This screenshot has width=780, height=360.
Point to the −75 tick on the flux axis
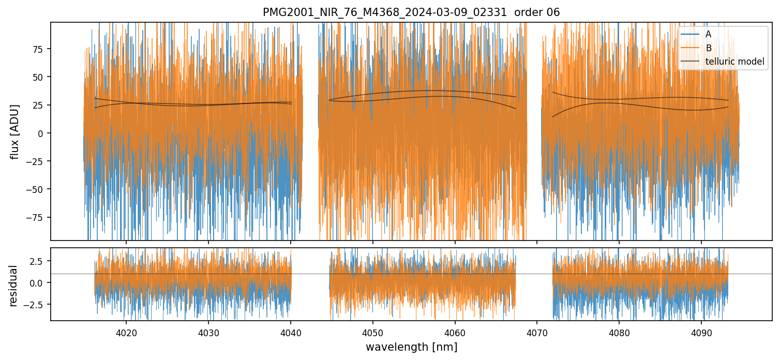pyautogui.click(x=36, y=217)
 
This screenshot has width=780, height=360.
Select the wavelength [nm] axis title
pyautogui.click(x=411, y=347)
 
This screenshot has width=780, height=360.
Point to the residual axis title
pyautogui.click(x=13, y=286)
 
